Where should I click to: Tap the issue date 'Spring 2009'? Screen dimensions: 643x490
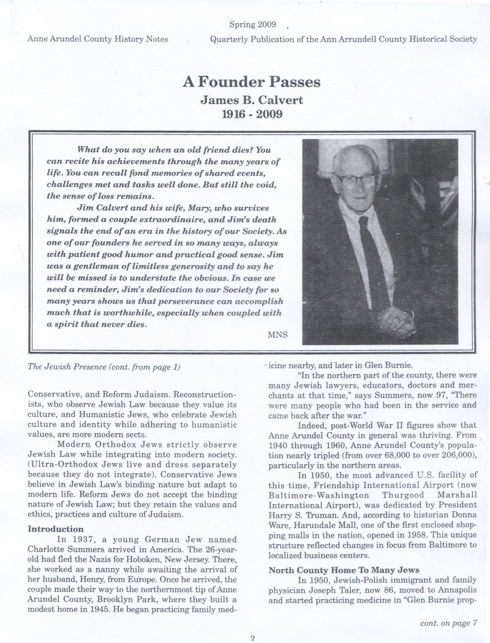pos(253,25)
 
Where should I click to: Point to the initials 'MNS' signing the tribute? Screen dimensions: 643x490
pos(277,334)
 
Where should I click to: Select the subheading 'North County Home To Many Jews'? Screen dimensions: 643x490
pos(334,570)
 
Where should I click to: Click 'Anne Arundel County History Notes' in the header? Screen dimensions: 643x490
pos(98,39)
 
